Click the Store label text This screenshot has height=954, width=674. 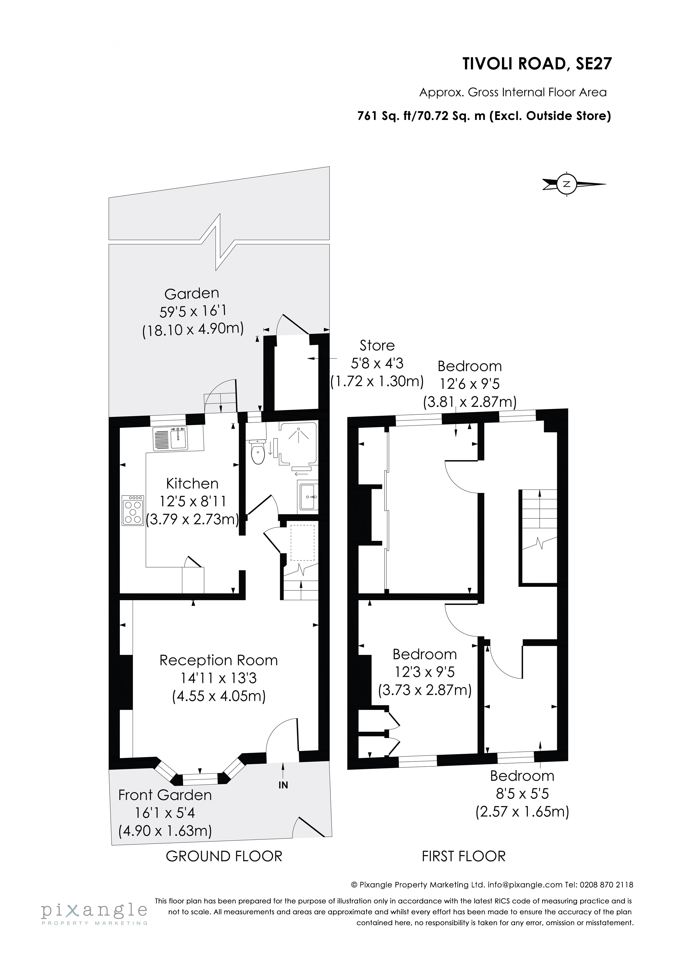(x=377, y=345)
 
